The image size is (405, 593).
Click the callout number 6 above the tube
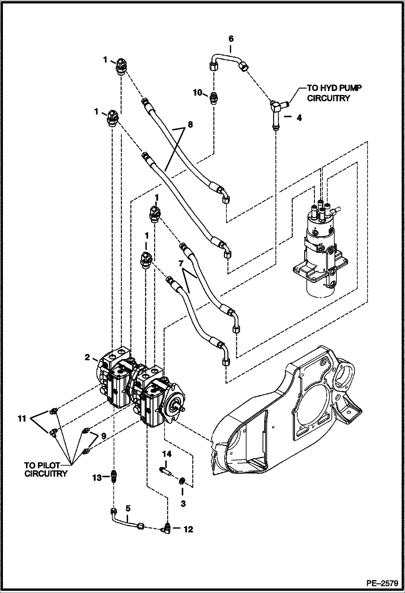tap(231, 39)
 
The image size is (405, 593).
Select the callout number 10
tap(197, 93)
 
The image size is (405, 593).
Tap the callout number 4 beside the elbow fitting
tap(299, 118)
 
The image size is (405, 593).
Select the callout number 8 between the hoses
tap(190, 125)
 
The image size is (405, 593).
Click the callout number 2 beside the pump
tap(87, 358)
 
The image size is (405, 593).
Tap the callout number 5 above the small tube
tap(128, 516)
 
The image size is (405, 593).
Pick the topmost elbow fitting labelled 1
tap(119, 66)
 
